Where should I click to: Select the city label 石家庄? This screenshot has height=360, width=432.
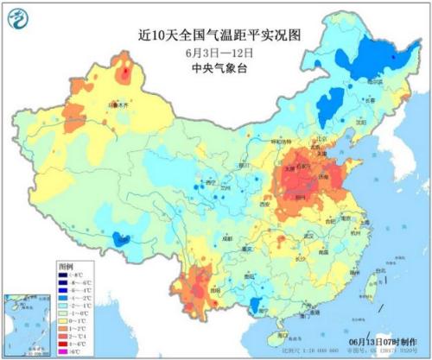[x=301, y=158]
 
